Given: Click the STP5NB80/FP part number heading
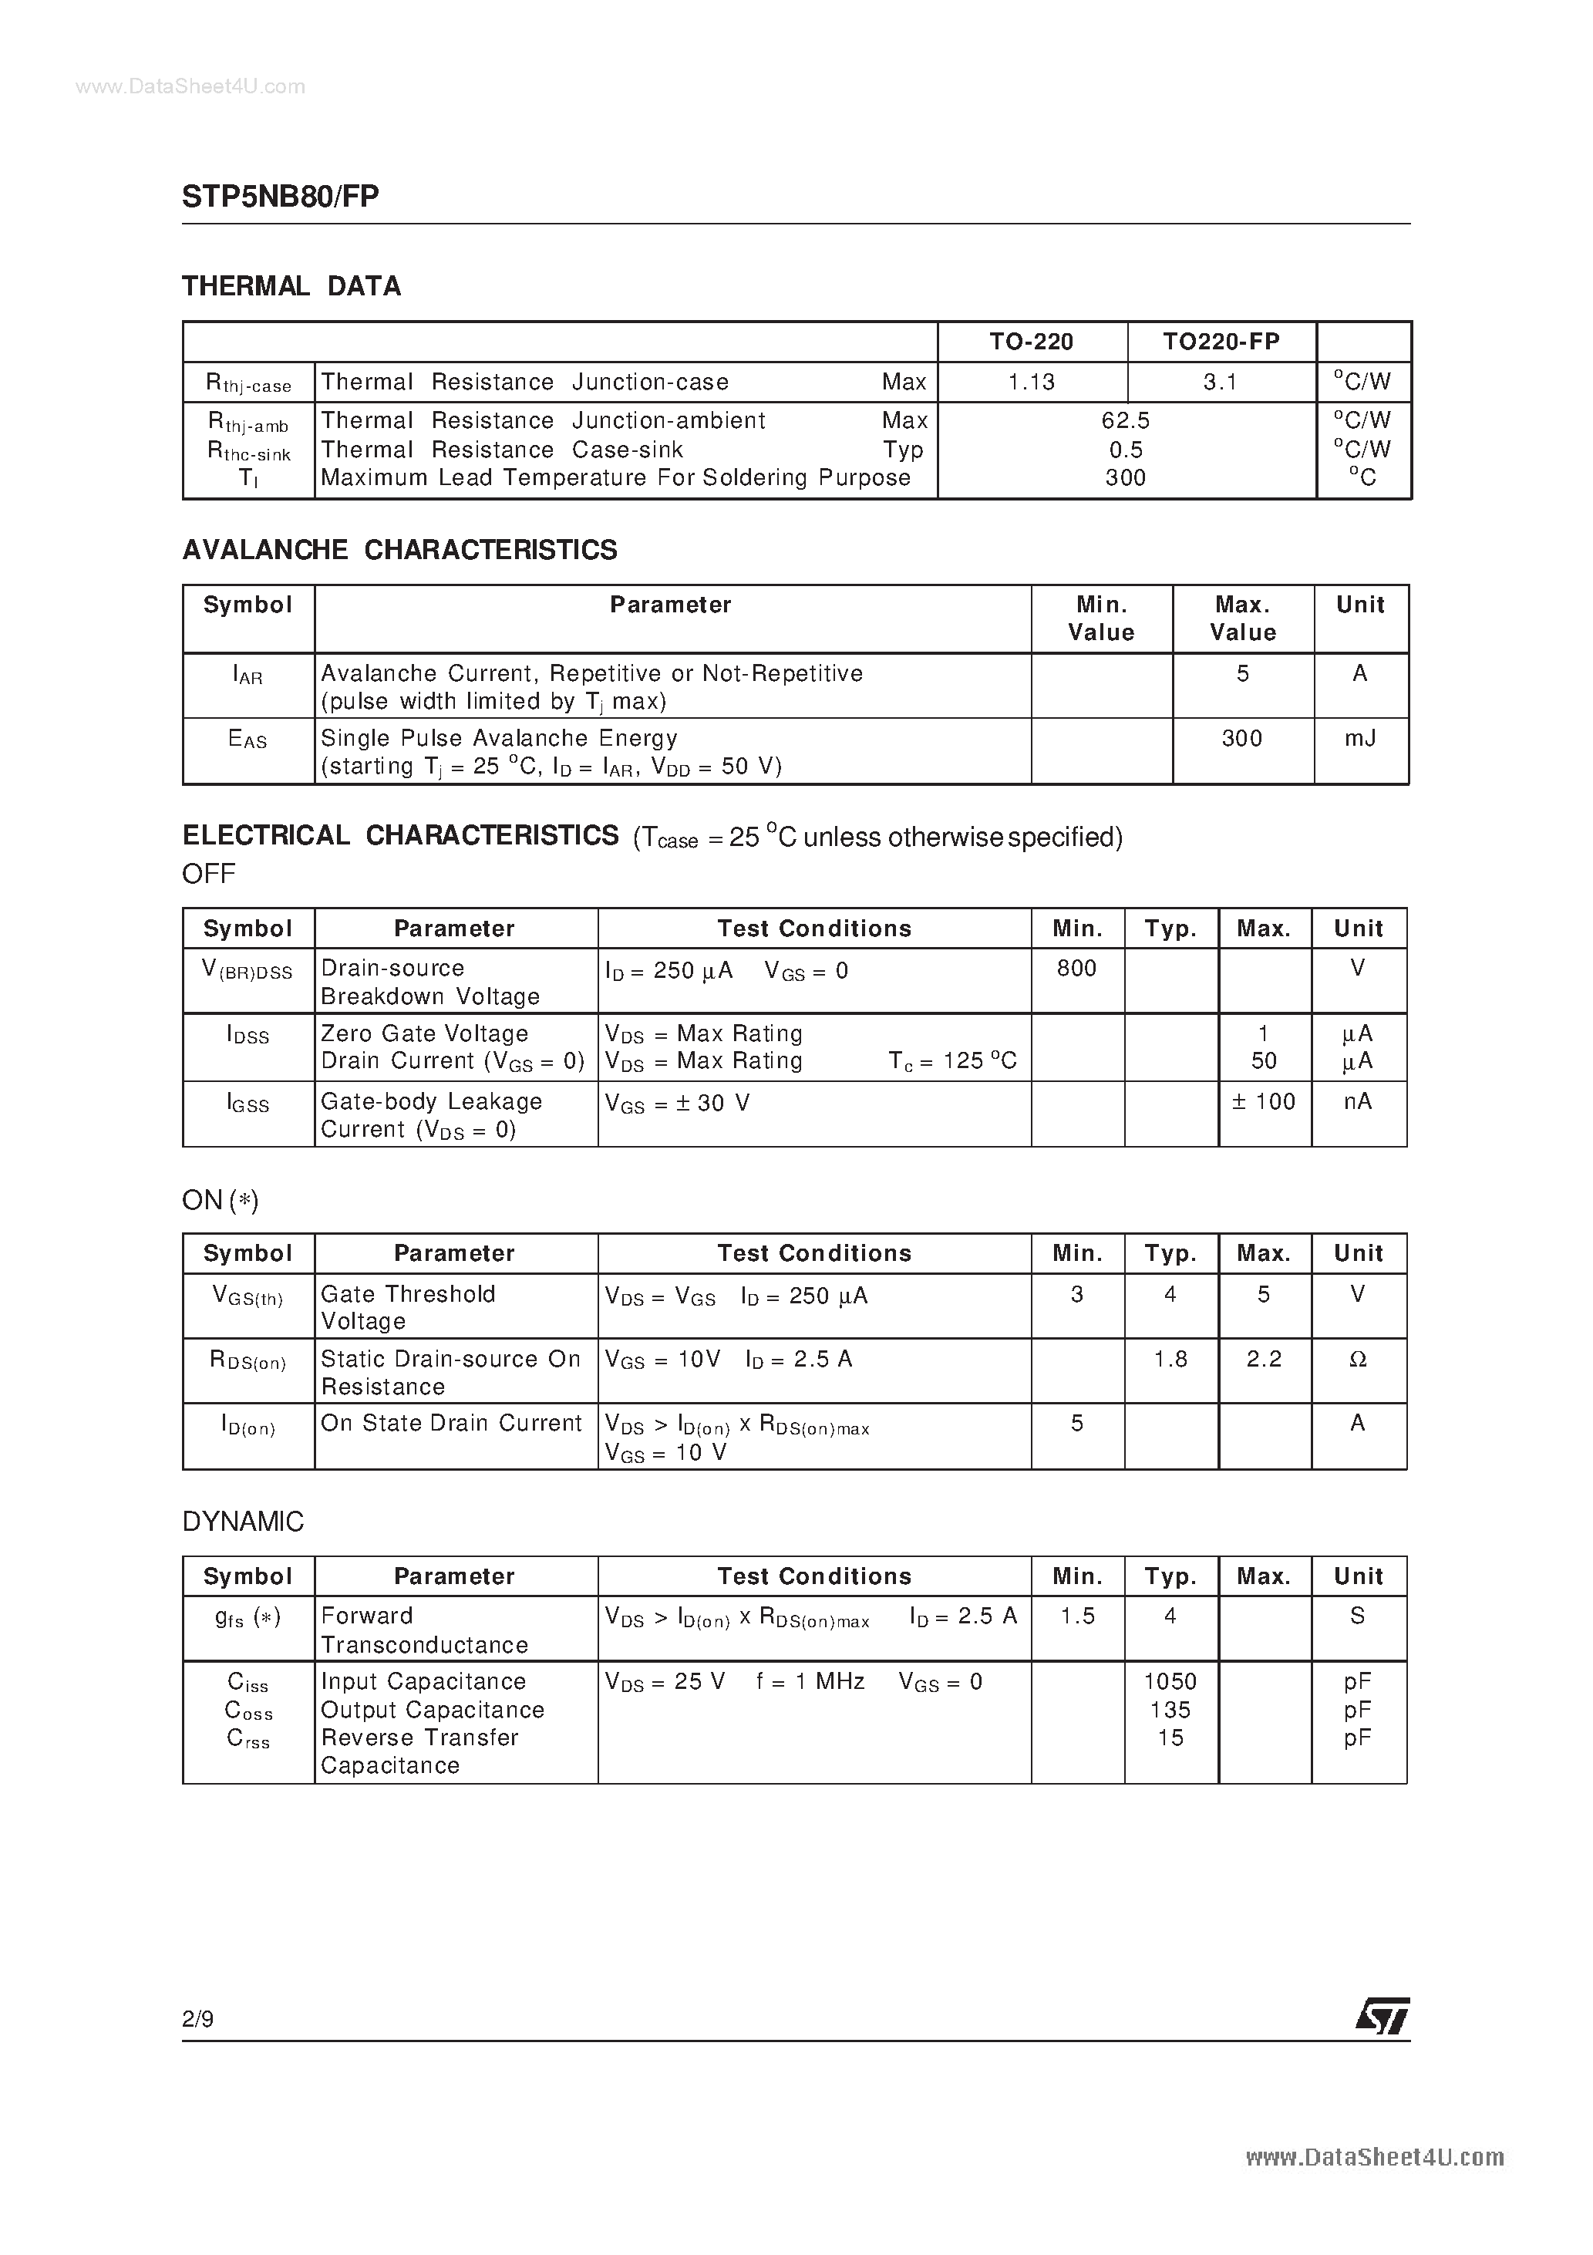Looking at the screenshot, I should [x=280, y=197].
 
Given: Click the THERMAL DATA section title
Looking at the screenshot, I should [x=291, y=287].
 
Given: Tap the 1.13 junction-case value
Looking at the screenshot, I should [x=1031, y=382].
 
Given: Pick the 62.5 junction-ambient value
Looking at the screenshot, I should [x=1126, y=420].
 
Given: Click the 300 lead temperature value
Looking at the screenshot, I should [x=1126, y=478].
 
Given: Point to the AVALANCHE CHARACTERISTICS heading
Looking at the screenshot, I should [x=399, y=550].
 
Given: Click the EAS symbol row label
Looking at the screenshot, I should [x=248, y=739].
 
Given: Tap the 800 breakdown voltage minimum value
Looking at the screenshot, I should [x=1076, y=969].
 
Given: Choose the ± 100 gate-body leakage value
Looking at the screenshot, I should [x=1264, y=1102].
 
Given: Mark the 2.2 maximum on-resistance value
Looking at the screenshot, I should [x=1264, y=1360].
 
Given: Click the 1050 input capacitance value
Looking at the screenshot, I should [x=1170, y=1681].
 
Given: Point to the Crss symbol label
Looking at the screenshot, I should [x=248, y=1738].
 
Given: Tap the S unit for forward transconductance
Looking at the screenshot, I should [x=1357, y=1616].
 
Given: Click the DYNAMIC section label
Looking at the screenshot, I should [x=244, y=1522].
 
